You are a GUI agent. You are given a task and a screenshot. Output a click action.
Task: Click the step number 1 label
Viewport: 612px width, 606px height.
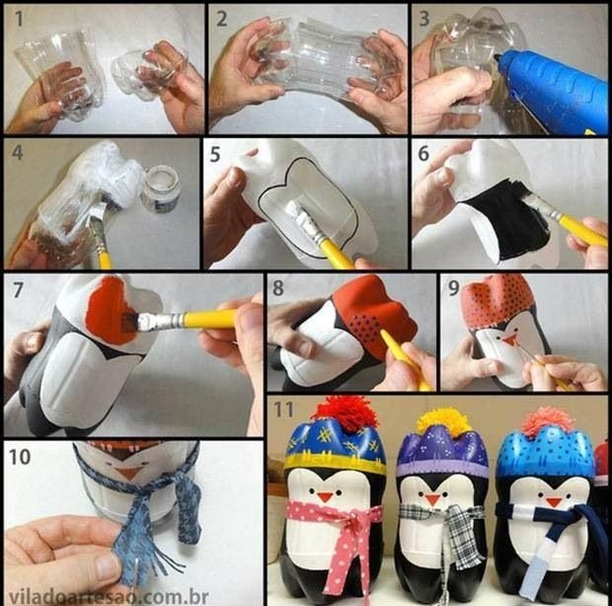[16, 18]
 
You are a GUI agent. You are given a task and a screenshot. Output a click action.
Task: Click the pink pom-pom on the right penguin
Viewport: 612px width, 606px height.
[548, 420]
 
